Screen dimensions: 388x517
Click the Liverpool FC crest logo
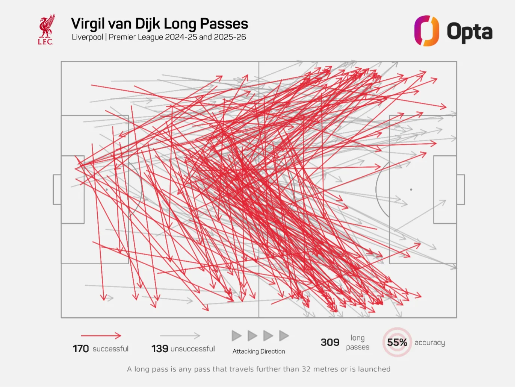pyautogui.click(x=46, y=30)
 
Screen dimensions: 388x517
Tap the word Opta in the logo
pyautogui.click(x=469, y=32)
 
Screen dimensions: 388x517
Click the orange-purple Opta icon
pyautogui.click(x=426, y=31)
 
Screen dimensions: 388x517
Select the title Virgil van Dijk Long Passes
pyautogui.click(x=159, y=24)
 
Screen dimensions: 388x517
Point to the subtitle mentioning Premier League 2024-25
pyautogui.click(x=159, y=37)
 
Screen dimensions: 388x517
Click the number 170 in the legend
pyautogui.click(x=81, y=349)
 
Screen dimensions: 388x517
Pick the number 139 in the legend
pyautogui.click(x=160, y=349)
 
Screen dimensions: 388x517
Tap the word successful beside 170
pyautogui.click(x=110, y=349)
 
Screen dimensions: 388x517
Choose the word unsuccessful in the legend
pyautogui.click(x=193, y=349)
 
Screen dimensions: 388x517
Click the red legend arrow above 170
pyautogui.click(x=101, y=335)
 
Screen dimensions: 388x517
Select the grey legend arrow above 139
pyautogui.click(x=180, y=335)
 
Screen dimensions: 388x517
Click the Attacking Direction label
pyautogui.click(x=258, y=351)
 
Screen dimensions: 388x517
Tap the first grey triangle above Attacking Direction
pyautogui.click(x=236, y=336)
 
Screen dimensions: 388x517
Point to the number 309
pyautogui.click(x=330, y=343)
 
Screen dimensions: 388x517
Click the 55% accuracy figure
pyautogui.click(x=397, y=343)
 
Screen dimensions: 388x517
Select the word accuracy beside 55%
pyautogui.click(x=429, y=343)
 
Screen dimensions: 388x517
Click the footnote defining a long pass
pyautogui.click(x=258, y=369)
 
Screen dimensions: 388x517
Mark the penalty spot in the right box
pyautogui.click(x=411, y=189)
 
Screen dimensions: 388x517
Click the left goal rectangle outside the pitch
pyautogui.click(x=57, y=189)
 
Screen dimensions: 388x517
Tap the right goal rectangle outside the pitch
pyautogui.click(x=461, y=189)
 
